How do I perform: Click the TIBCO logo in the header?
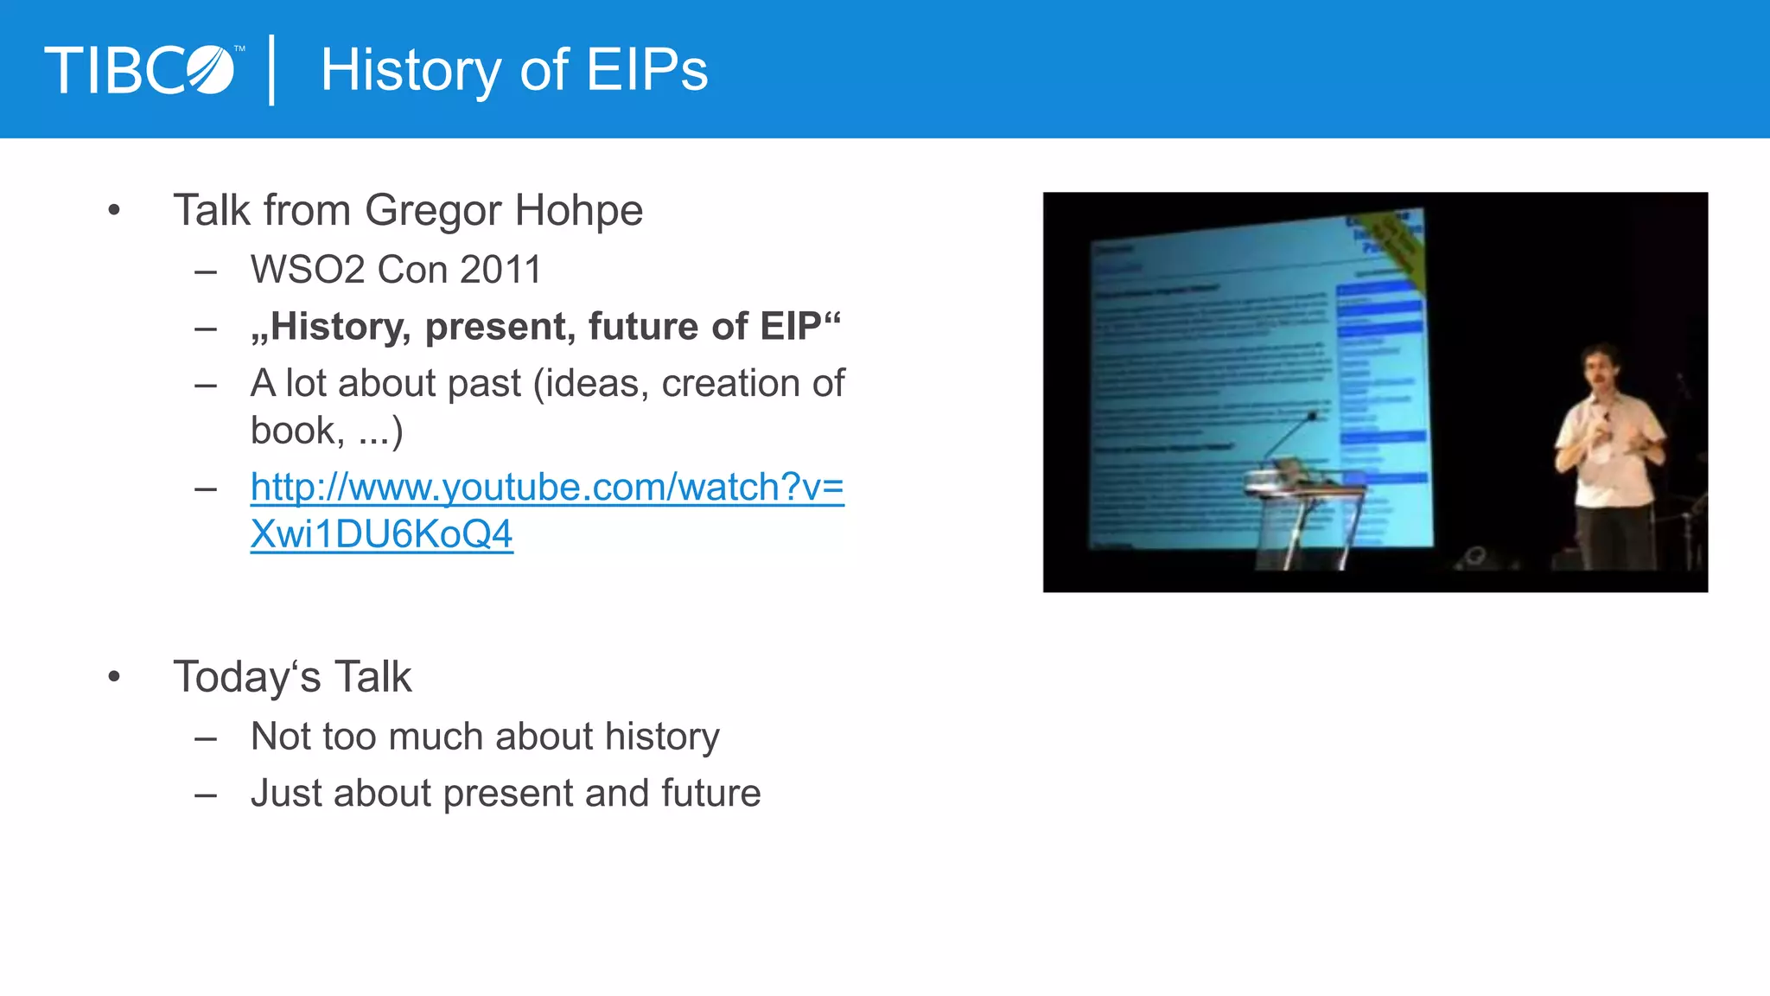click(140, 70)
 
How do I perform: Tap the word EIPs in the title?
click(647, 70)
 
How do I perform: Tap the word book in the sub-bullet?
click(292, 431)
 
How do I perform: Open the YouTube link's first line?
click(547, 488)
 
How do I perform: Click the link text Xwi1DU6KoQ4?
click(381, 535)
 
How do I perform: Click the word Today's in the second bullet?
click(247, 677)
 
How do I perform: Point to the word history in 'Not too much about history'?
click(662, 737)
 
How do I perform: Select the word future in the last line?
click(710, 794)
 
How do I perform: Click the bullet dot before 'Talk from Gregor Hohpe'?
click(114, 210)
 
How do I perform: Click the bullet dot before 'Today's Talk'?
click(114, 677)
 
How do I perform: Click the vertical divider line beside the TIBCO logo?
click(272, 70)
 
